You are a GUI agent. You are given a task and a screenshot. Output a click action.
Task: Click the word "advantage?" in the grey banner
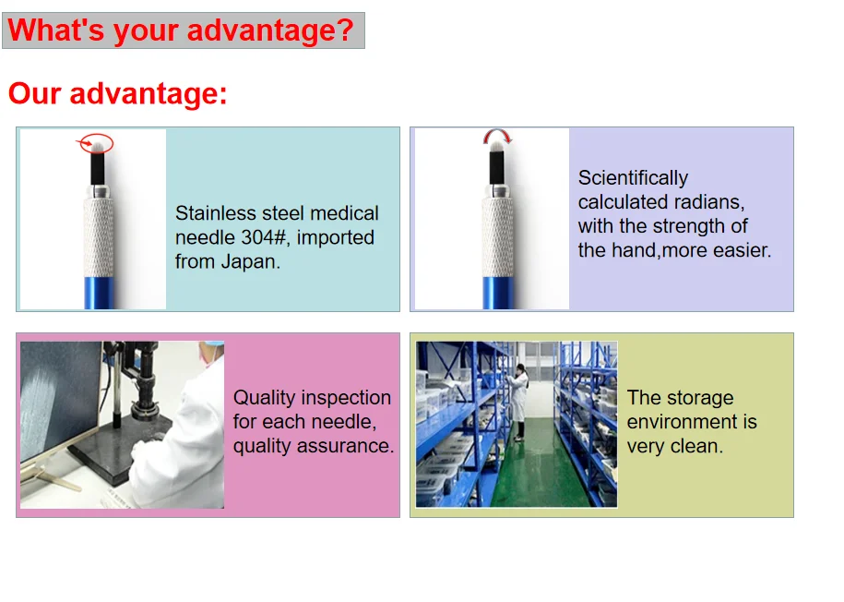coord(270,30)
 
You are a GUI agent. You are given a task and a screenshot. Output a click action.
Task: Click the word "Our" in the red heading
coord(34,93)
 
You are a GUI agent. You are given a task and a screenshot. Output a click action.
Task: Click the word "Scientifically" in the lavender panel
coord(633,178)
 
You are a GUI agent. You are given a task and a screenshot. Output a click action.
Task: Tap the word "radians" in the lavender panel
coord(713,202)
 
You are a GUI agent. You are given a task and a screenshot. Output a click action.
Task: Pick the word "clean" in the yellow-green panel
coord(697,446)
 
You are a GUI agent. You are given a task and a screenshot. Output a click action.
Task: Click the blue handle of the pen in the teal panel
coord(99,293)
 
